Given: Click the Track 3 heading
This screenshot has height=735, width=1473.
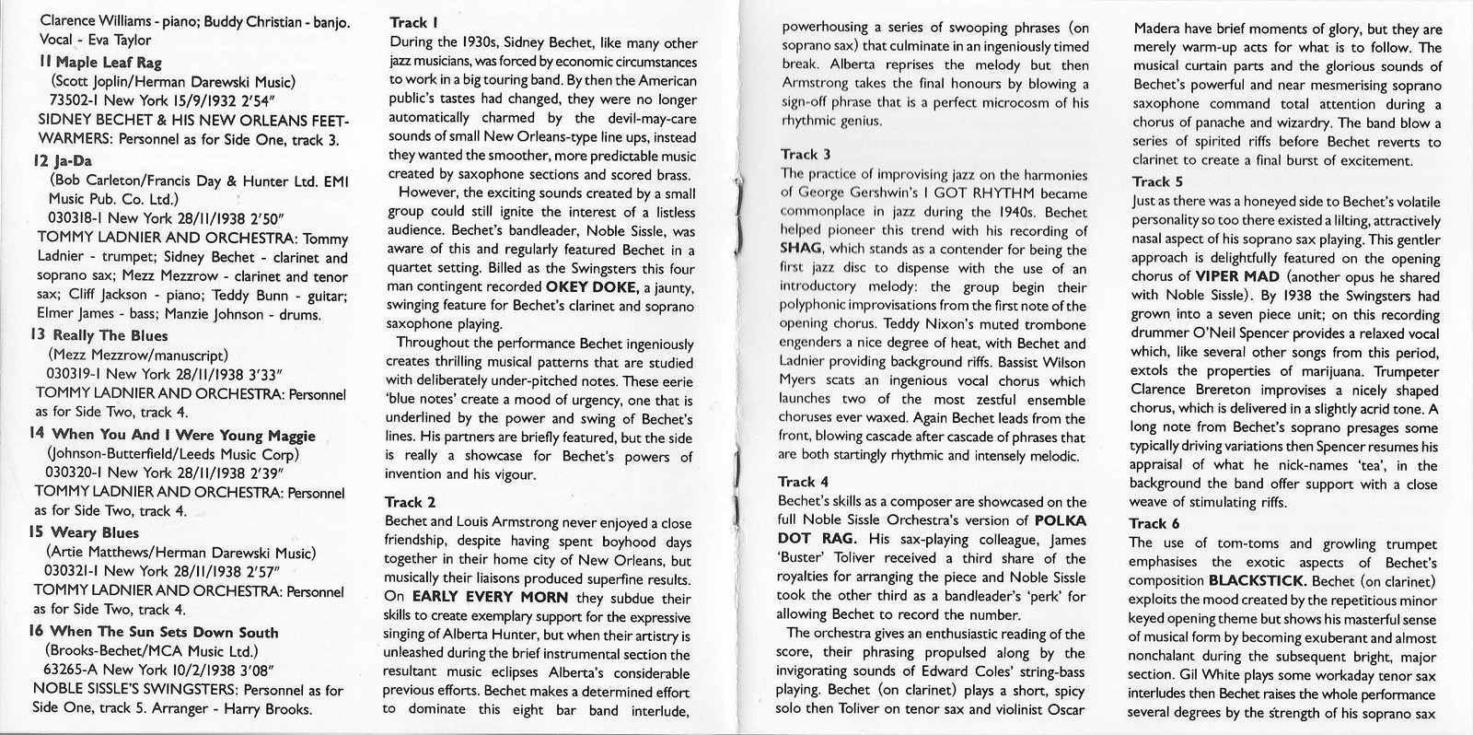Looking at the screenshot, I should pyautogui.click(x=806, y=154).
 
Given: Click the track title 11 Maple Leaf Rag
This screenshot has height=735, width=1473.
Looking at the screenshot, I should pyautogui.click(x=88, y=62).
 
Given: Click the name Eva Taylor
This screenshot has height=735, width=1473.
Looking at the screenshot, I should pyautogui.click(x=121, y=40).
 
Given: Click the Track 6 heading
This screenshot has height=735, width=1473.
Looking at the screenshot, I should pyautogui.click(x=1154, y=523).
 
